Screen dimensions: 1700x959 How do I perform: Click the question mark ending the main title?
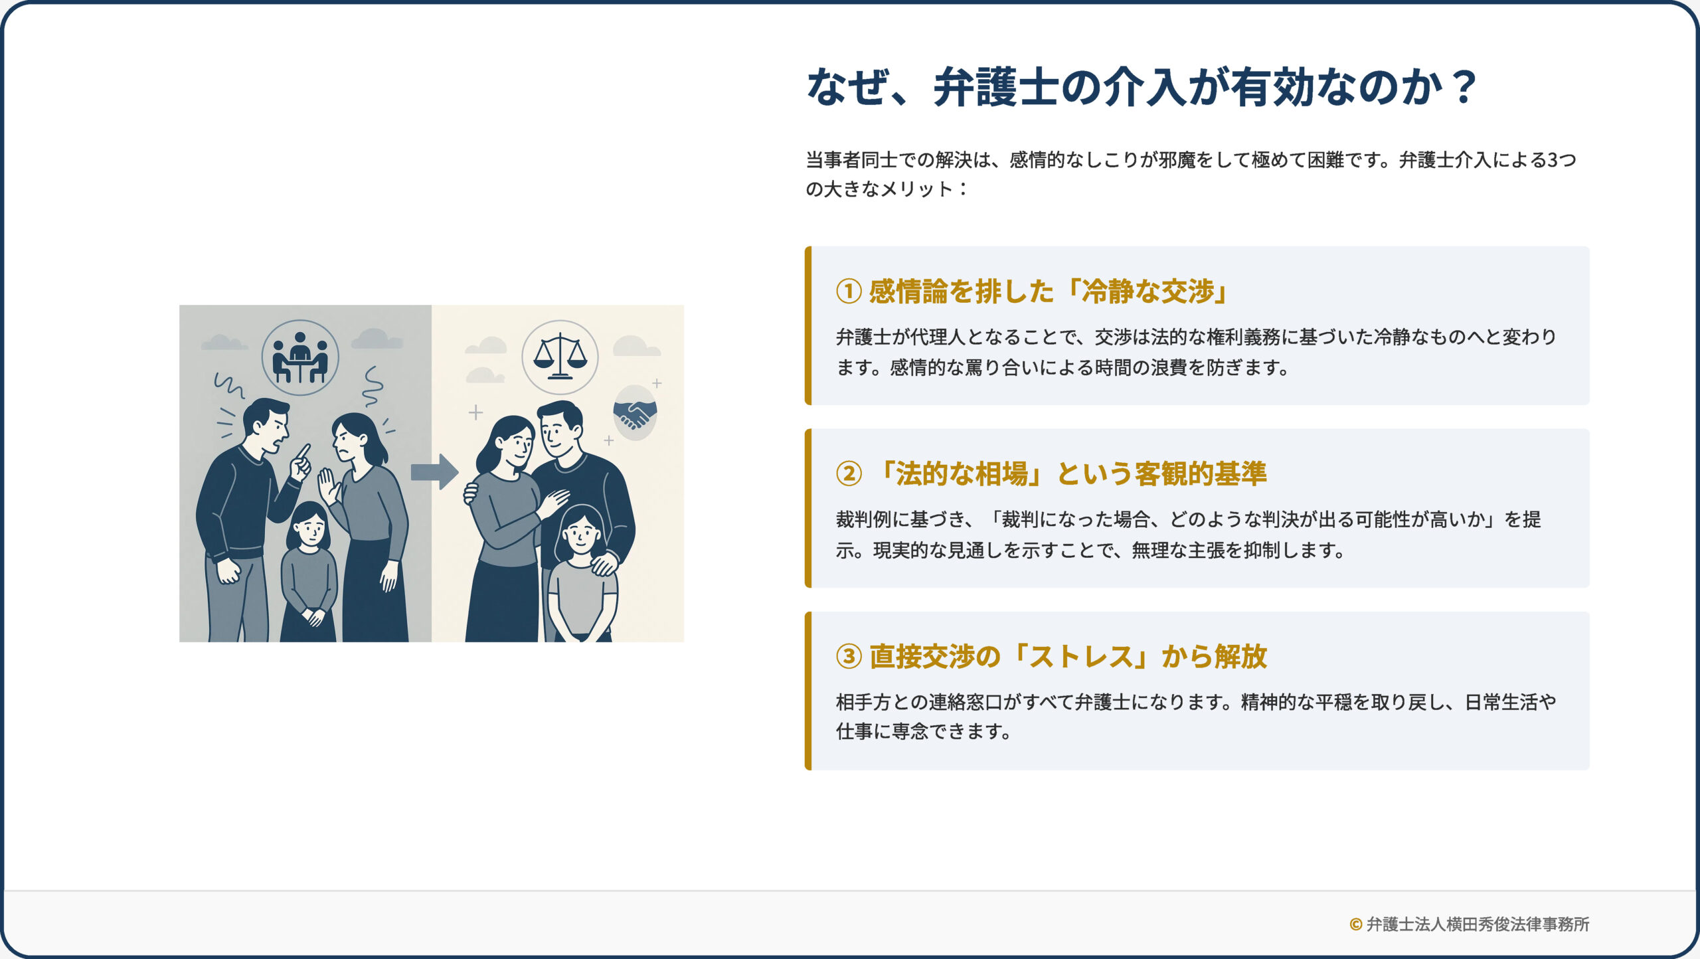pos(1462,87)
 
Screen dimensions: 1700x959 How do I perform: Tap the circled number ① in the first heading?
pos(849,291)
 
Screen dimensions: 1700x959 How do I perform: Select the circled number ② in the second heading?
pos(849,474)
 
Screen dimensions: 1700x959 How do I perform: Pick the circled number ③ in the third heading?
pos(849,656)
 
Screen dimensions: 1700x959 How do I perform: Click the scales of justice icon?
pos(560,356)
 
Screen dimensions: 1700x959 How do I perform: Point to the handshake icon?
pos(635,414)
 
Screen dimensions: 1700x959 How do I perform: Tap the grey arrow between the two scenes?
pos(435,472)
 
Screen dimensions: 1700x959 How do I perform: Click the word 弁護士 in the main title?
pos(995,87)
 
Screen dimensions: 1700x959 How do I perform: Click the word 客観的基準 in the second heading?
pos(1201,474)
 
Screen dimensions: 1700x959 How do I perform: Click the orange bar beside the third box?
pos(808,691)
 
